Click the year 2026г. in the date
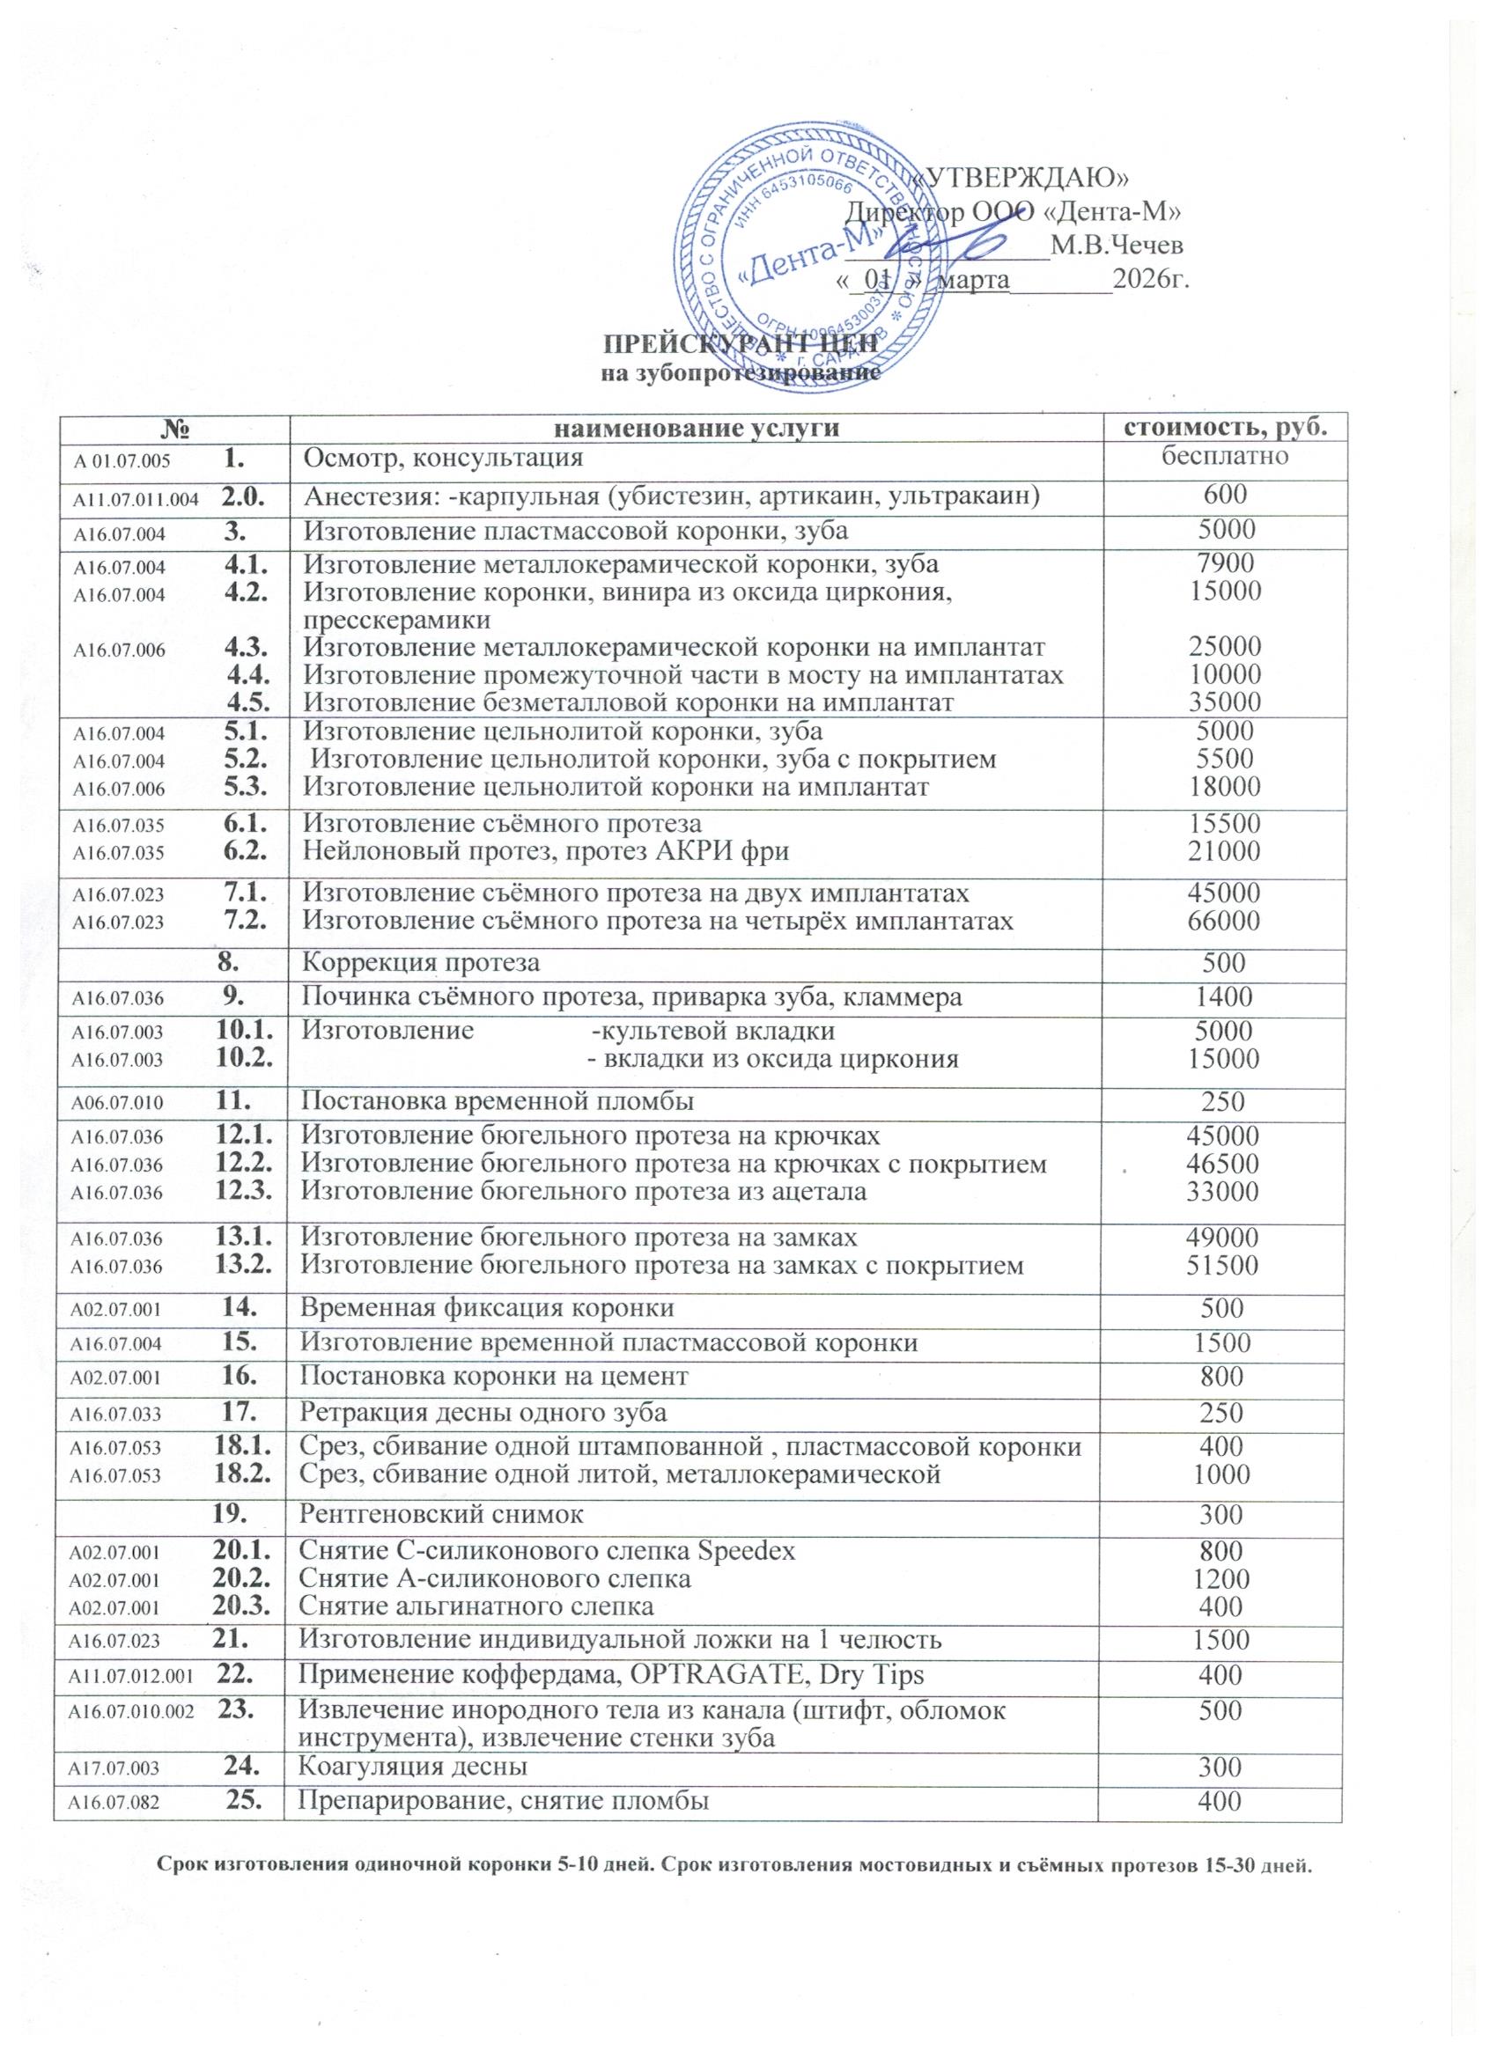[x=1150, y=280]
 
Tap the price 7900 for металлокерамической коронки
[x=1225, y=564]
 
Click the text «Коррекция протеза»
[x=420, y=961]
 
